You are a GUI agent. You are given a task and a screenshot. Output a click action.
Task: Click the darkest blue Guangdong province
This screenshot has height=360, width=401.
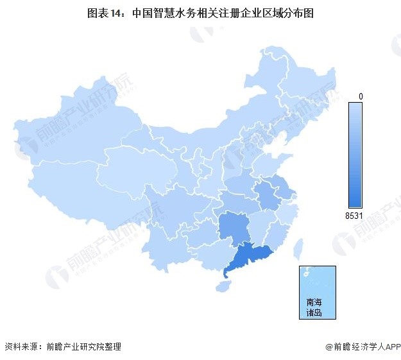click(x=247, y=258)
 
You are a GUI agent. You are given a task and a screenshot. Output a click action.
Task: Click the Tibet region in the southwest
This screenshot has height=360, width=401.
click(x=83, y=193)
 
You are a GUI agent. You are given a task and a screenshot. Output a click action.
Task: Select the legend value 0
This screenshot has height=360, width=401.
click(x=361, y=96)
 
